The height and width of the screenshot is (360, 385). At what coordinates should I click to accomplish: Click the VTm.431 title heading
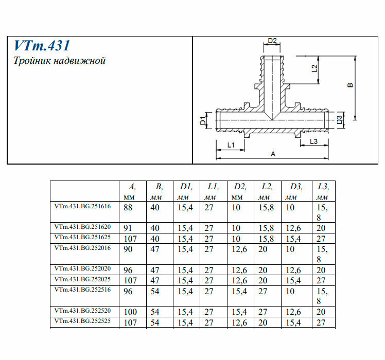point(42,46)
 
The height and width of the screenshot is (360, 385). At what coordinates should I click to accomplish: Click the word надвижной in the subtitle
point(80,61)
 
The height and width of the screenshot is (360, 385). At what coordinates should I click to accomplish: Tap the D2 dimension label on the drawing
point(272,41)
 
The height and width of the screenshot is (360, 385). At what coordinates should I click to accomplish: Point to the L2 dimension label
point(314,68)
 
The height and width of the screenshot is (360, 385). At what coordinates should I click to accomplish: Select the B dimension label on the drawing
point(351,85)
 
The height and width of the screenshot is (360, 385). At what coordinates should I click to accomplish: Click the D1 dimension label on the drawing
point(203,121)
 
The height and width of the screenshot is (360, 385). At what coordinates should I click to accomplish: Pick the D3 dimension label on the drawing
point(339,120)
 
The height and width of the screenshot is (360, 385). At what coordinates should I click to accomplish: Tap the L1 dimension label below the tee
point(231,145)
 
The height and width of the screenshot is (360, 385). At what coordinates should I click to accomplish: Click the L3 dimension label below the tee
point(313,141)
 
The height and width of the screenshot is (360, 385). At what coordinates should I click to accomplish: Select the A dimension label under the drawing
point(273,154)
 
